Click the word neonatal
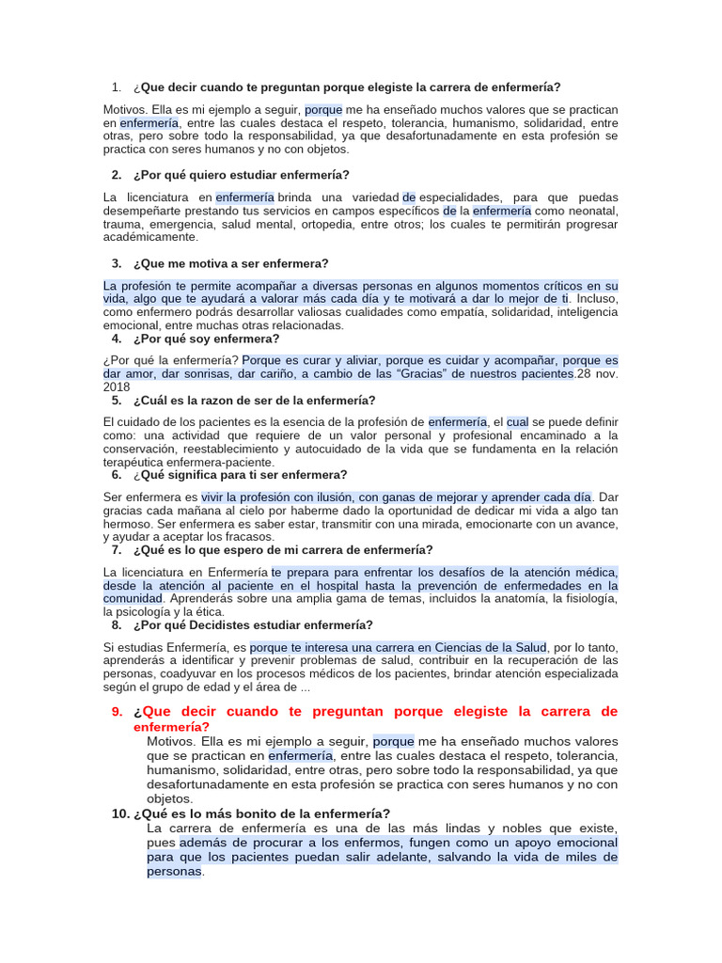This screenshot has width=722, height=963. click(x=590, y=212)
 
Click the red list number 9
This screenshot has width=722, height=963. click(x=117, y=711)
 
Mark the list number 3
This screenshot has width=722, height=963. click(x=117, y=263)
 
